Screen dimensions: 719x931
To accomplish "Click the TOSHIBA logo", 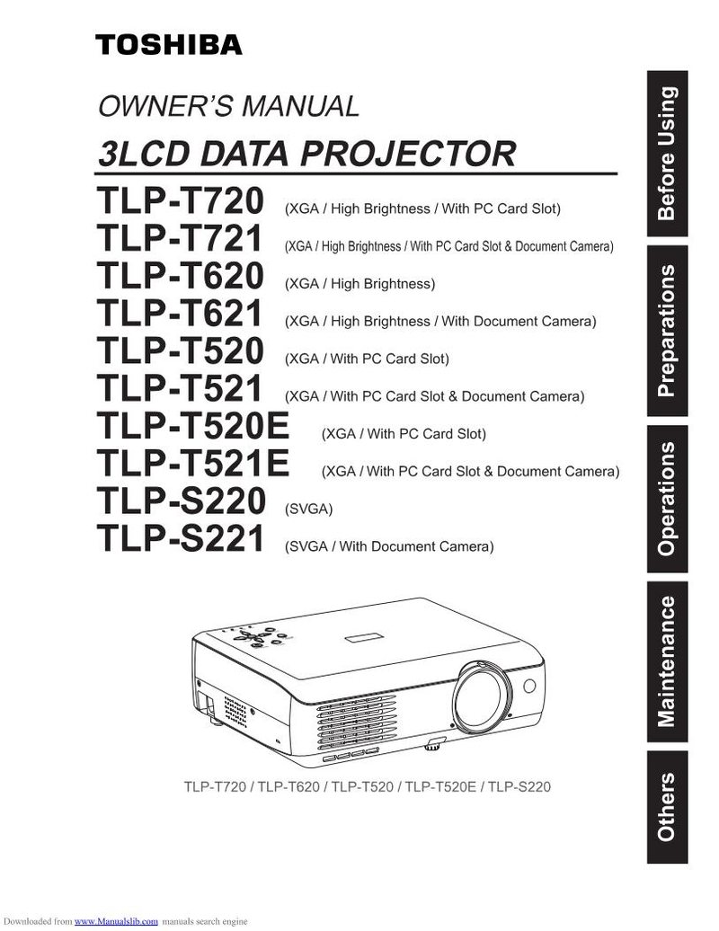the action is point(169,45).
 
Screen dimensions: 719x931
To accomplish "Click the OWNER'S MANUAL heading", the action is point(228,106).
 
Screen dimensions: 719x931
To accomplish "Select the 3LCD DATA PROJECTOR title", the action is point(307,153).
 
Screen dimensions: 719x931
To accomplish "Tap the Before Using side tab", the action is point(667,154).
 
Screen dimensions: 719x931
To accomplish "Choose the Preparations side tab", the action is point(667,330).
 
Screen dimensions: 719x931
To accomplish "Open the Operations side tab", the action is point(667,499).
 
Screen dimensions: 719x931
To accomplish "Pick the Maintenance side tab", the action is point(667,661).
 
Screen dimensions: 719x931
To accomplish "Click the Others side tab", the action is point(667,807).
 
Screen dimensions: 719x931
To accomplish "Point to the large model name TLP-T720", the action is point(180,200).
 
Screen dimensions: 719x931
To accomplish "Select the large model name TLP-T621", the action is point(180,313).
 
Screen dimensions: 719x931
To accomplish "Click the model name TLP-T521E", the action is point(193,463).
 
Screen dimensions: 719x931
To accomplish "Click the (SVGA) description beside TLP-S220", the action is point(309,509).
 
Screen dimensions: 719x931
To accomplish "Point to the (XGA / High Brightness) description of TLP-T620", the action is point(359,284).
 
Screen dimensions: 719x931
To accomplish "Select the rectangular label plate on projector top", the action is point(365,638).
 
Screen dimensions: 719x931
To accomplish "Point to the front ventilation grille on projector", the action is point(355,722).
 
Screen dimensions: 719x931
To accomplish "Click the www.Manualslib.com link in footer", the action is point(116,921).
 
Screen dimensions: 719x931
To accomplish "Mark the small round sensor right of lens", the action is point(529,686).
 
